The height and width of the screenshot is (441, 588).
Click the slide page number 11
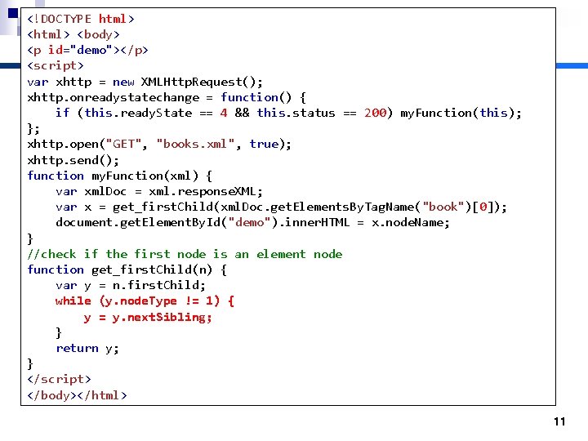[x=559, y=421]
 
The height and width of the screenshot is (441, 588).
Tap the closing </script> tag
[x=59, y=379]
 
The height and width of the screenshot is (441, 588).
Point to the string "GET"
[x=122, y=144]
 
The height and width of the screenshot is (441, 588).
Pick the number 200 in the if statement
[x=375, y=113]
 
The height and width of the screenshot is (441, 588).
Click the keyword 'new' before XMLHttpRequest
[x=123, y=82]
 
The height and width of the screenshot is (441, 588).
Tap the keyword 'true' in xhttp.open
[x=264, y=144]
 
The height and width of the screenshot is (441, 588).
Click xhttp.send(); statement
[x=73, y=160]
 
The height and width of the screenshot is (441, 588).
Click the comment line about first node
[x=185, y=254]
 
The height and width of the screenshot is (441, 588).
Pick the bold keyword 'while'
[x=73, y=301]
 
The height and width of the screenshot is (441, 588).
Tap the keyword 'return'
[x=77, y=348]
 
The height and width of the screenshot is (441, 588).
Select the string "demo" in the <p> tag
[x=90, y=50]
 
